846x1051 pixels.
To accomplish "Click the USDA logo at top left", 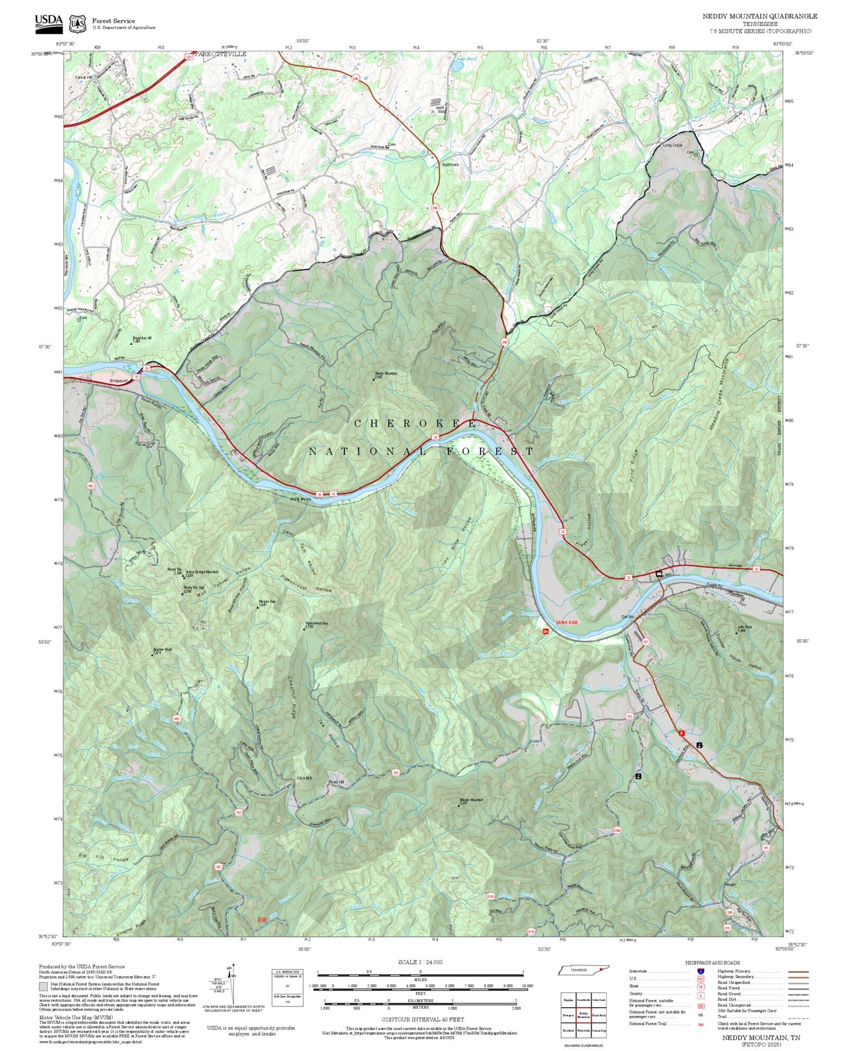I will (x=49, y=22).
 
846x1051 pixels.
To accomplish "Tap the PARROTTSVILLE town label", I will (x=222, y=54).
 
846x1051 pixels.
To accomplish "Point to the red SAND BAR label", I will (x=566, y=622).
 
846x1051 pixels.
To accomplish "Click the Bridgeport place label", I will (x=118, y=381).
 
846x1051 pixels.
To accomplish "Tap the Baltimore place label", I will (x=450, y=165).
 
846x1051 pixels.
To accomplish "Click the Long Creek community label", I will (x=673, y=145).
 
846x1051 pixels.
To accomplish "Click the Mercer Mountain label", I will (x=471, y=800).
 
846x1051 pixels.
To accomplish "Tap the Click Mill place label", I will (x=305, y=778).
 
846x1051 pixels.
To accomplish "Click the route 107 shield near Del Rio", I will (x=646, y=642).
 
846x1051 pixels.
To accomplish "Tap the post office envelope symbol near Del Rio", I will (x=659, y=574).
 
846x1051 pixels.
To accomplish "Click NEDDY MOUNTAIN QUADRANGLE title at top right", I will (x=760, y=16).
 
